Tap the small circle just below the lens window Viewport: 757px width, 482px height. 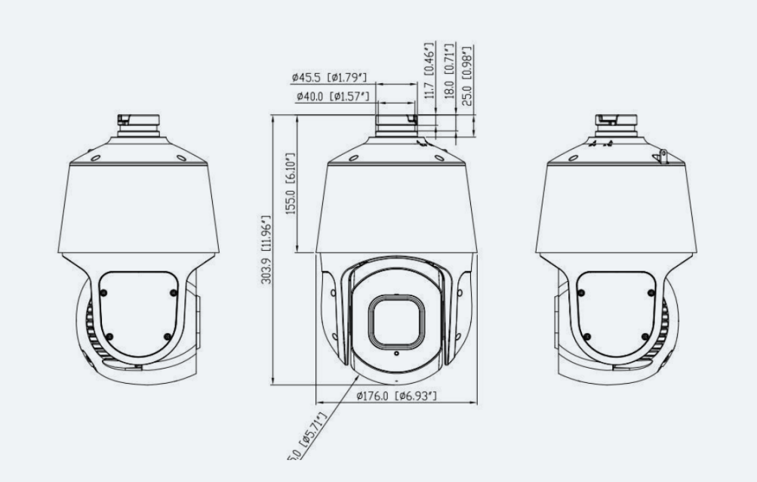395,352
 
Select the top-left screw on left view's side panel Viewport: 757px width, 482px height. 103,292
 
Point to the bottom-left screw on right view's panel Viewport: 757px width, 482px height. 588,336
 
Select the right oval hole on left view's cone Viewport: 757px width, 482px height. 181,158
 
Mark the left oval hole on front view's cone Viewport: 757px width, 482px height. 352,158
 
